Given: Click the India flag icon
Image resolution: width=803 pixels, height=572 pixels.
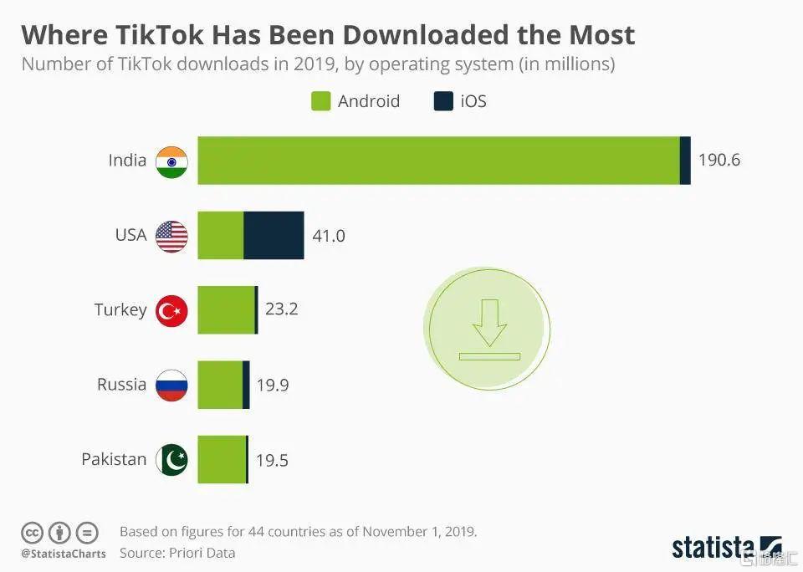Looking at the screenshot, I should point(171,161).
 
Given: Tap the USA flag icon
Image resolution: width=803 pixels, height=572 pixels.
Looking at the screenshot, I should point(171,236).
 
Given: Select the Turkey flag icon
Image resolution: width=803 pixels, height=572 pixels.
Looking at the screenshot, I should point(171,310).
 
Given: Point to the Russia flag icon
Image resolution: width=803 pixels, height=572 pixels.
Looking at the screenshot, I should point(171,385).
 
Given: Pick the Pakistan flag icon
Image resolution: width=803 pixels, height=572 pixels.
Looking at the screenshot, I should point(171,459).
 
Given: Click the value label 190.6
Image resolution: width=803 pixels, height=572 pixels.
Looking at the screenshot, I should point(719,161).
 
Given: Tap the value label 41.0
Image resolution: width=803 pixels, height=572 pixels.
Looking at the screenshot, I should point(328,236).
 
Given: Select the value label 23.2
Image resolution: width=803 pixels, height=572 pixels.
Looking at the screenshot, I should point(281,309).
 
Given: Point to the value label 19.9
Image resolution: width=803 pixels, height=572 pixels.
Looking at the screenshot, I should point(273,386).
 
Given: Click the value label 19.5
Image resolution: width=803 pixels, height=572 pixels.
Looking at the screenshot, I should point(271,460).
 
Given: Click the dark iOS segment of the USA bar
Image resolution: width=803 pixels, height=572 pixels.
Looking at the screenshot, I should point(274,235).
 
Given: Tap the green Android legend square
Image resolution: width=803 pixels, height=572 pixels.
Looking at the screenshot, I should point(321,102).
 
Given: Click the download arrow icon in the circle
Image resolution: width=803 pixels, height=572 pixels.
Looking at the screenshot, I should point(489,329).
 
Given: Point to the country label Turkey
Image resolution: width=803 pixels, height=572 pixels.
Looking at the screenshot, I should point(120,310).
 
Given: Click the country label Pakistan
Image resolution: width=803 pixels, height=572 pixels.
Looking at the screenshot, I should point(114,459).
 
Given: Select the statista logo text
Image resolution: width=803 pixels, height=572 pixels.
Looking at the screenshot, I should point(713,548).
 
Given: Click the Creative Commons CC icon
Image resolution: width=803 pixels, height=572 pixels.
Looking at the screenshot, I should point(33,533).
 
